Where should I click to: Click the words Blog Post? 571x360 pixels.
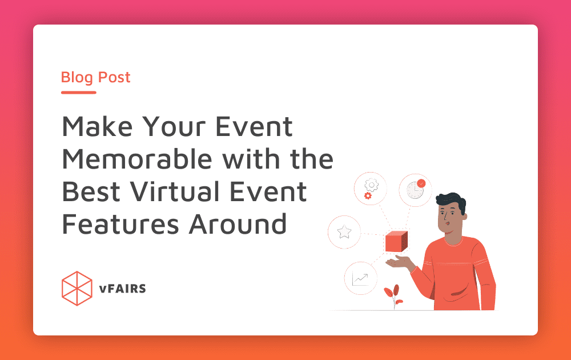pyautogui.click(x=95, y=77)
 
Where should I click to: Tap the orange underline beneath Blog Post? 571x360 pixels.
pyautogui.click(x=79, y=93)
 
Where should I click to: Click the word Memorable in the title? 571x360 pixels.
pyautogui.click(x=137, y=159)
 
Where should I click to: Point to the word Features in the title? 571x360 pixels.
pyautogui.click(x=120, y=224)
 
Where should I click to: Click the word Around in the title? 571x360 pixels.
pyautogui.click(x=238, y=224)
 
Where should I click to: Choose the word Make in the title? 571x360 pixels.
pyautogui.click(x=97, y=126)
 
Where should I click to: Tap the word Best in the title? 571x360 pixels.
pyautogui.click(x=91, y=191)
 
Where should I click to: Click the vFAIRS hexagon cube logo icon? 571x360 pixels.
pyautogui.click(x=77, y=288)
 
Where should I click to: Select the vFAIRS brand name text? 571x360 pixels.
pyautogui.click(x=122, y=289)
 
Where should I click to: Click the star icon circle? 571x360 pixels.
pyautogui.click(x=344, y=232)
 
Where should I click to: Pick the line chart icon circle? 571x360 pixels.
pyautogui.click(x=360, y=278)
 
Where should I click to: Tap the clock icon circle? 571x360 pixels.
pyautogui.click(x=415, y=190)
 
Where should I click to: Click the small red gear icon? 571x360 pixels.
pyautogui.click(x=368, y=196)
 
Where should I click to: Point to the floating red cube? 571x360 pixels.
pyautogui.click(x=396, y=241)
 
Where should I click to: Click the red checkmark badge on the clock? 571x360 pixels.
pyautogui.click(x=421, y=183)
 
